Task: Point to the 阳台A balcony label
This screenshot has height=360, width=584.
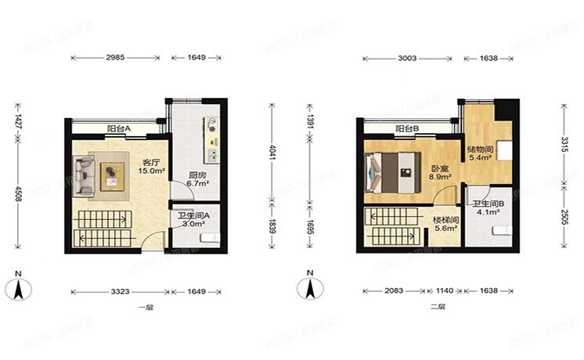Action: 119,129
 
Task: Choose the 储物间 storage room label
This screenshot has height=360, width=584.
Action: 479,149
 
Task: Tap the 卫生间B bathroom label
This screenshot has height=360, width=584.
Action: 488,204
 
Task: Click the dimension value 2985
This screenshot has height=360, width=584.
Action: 114,58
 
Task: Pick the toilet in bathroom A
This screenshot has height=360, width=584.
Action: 207,237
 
